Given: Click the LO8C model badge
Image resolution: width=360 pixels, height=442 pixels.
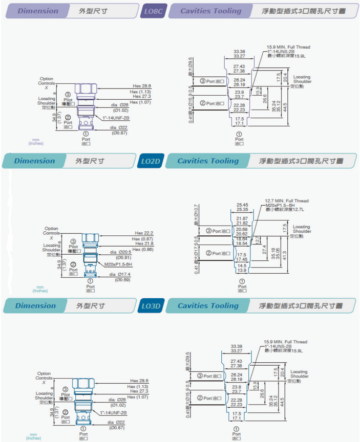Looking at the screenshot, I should point(153,11).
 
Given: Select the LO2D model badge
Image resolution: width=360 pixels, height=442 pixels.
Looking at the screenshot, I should point(151,161).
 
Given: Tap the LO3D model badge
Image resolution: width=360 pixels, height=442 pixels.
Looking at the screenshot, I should point(151,306).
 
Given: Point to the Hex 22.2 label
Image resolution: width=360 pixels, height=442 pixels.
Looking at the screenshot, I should point(144,233).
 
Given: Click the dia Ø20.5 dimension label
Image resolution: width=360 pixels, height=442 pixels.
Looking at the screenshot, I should point(122,252).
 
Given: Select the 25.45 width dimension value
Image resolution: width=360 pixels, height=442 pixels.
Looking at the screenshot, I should point(242,205).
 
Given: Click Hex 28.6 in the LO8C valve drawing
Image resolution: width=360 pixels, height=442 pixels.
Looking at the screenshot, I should point(142,86).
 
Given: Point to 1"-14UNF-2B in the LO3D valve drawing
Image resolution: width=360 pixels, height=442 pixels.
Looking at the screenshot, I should point(113,412).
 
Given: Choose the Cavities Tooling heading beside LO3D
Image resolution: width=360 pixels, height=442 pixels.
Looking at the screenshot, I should point(208,306).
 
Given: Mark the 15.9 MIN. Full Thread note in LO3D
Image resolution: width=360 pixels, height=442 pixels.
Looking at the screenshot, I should point(286,342).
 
